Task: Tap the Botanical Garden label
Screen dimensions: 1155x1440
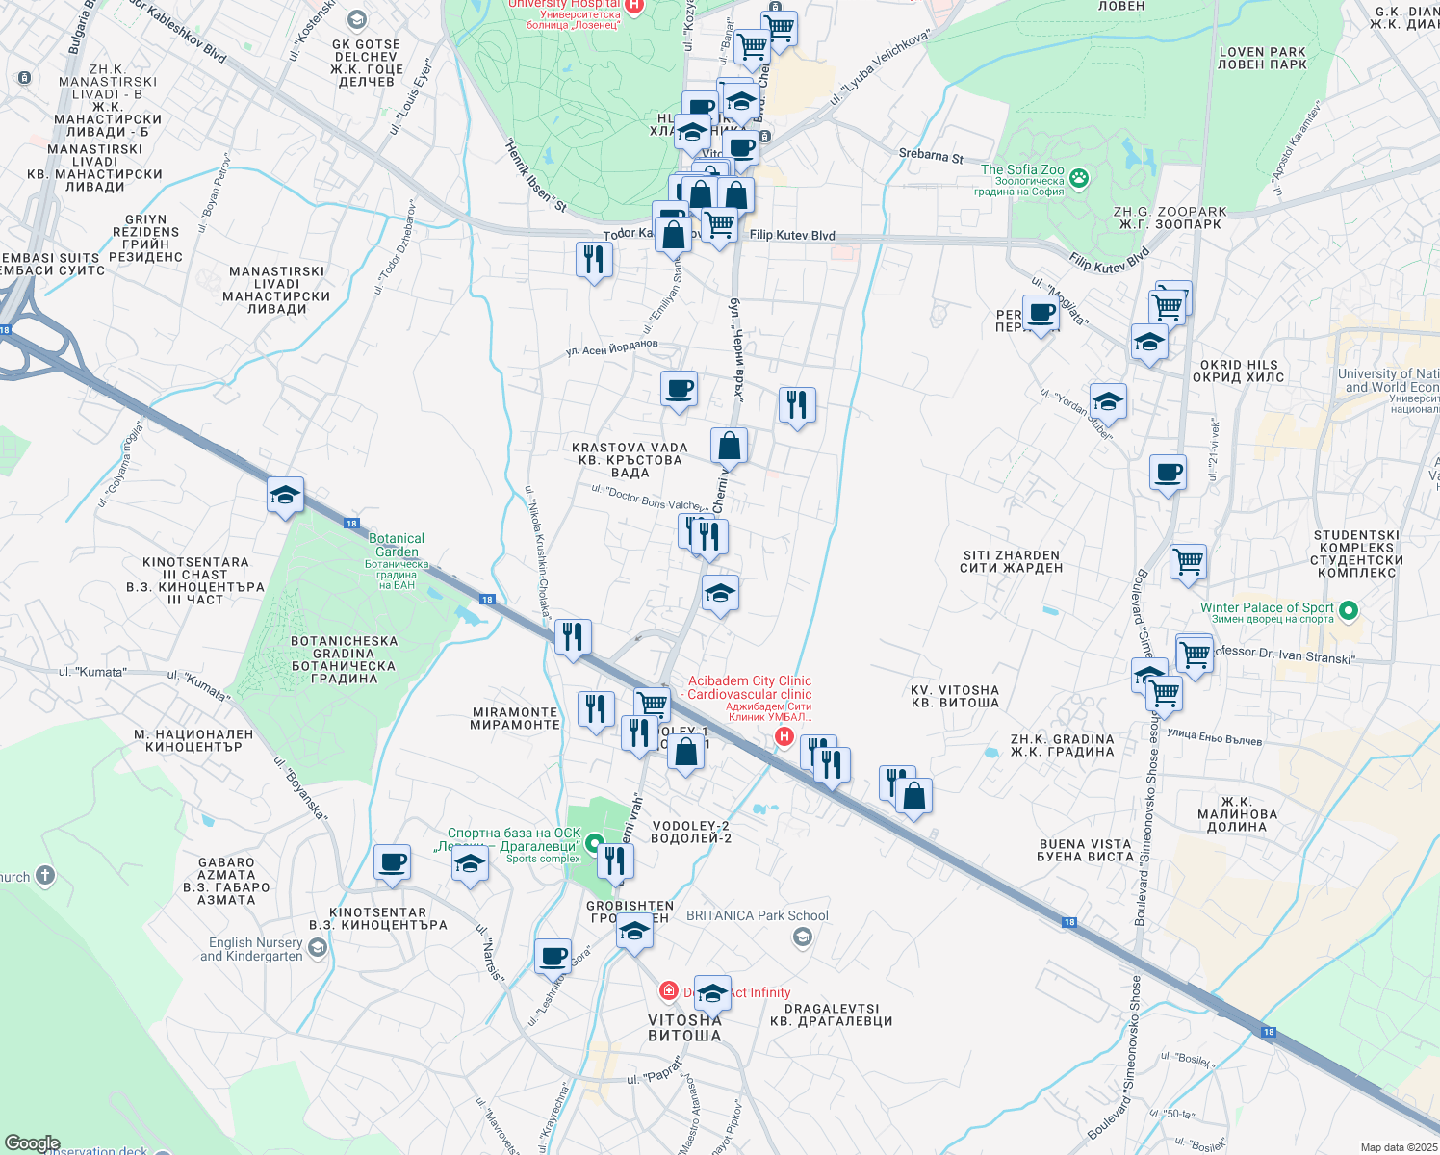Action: [x=396, y=545]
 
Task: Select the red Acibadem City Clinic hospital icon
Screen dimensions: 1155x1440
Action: [x=784, y=736]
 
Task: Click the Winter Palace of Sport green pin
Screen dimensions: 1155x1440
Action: [x=1349, y=609]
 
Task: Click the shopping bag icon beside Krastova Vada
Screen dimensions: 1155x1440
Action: [x=730, y=447]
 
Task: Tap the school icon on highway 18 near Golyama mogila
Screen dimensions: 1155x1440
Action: [x=285, y=496]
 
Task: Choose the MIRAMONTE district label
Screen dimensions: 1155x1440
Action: [x=515, y=718]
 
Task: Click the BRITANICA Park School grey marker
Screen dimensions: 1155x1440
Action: [x=803, y=937]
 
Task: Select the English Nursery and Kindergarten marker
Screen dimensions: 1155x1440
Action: [x=318, y=948]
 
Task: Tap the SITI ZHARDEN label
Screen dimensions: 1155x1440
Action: [x=1011, y=561]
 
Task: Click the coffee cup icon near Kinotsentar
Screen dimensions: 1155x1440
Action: [x=392, y=862]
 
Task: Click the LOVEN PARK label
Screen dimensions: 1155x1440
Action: [x=1262, y=59]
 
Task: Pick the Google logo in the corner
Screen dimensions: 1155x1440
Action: [x=32, y=1142]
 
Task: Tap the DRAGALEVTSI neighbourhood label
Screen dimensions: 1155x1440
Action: [x=832, y=1014]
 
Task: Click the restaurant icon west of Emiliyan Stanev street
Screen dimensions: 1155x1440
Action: [x=594, y=260]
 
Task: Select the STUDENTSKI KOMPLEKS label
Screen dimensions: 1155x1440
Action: [x=1357, y=553]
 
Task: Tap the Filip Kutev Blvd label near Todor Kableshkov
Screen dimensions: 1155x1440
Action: [x=792, y=235]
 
